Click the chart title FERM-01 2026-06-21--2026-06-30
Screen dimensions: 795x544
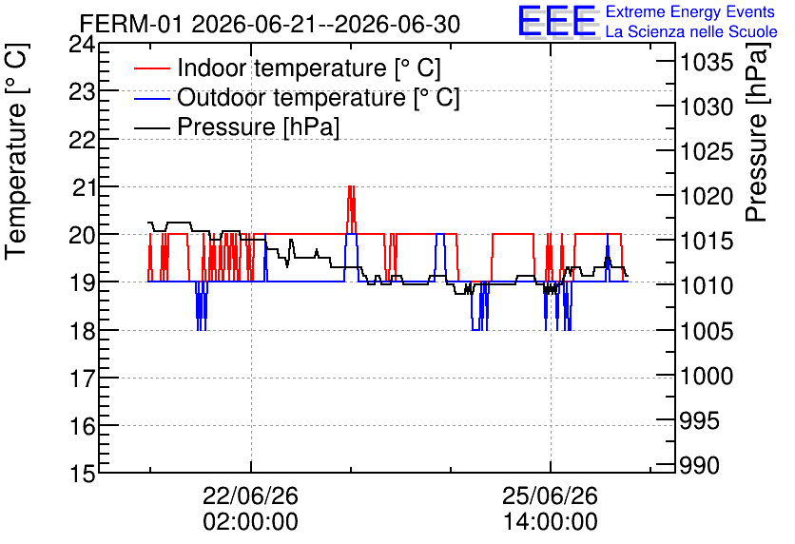pyautogui.click(x=270, y=24)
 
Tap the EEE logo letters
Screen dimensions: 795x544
pyautogui.click(x=556, y=21)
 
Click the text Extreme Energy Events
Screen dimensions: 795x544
pyautogui.click(x=690, y=11)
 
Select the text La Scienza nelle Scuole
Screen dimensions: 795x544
pyautogui.click(x=691, y=32)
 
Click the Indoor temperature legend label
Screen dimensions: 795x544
pyautogui.click(x=309, y=68)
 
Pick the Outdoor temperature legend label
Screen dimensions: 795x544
pyautogui.click(x=319, y=97)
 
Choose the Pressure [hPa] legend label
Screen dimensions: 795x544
pyautogui.click(x=258, y=126)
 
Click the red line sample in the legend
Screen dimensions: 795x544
pyautogui.click(x=151, y=68)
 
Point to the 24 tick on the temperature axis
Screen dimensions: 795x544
pyautogui.click(x=82, y=44)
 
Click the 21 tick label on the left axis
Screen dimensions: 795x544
pyautogui.click(x=85, y=188)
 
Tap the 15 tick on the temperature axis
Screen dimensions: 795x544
pyautogui.click(x=82, y=474)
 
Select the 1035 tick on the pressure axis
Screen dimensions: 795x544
pyautogui.click(x=707, y=63)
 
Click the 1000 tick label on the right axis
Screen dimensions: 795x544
pyautogui.click(x=707, y=377)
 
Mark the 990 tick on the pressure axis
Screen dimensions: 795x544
pyautogui.click(x=699, y=465)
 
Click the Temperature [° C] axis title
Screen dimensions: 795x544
pyautogui.click(x=16, y=151)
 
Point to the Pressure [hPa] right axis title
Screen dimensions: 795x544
pyautogui.click(x=756, y=132)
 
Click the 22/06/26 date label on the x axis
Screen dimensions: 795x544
pyautogui.click(x=250, y=495)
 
